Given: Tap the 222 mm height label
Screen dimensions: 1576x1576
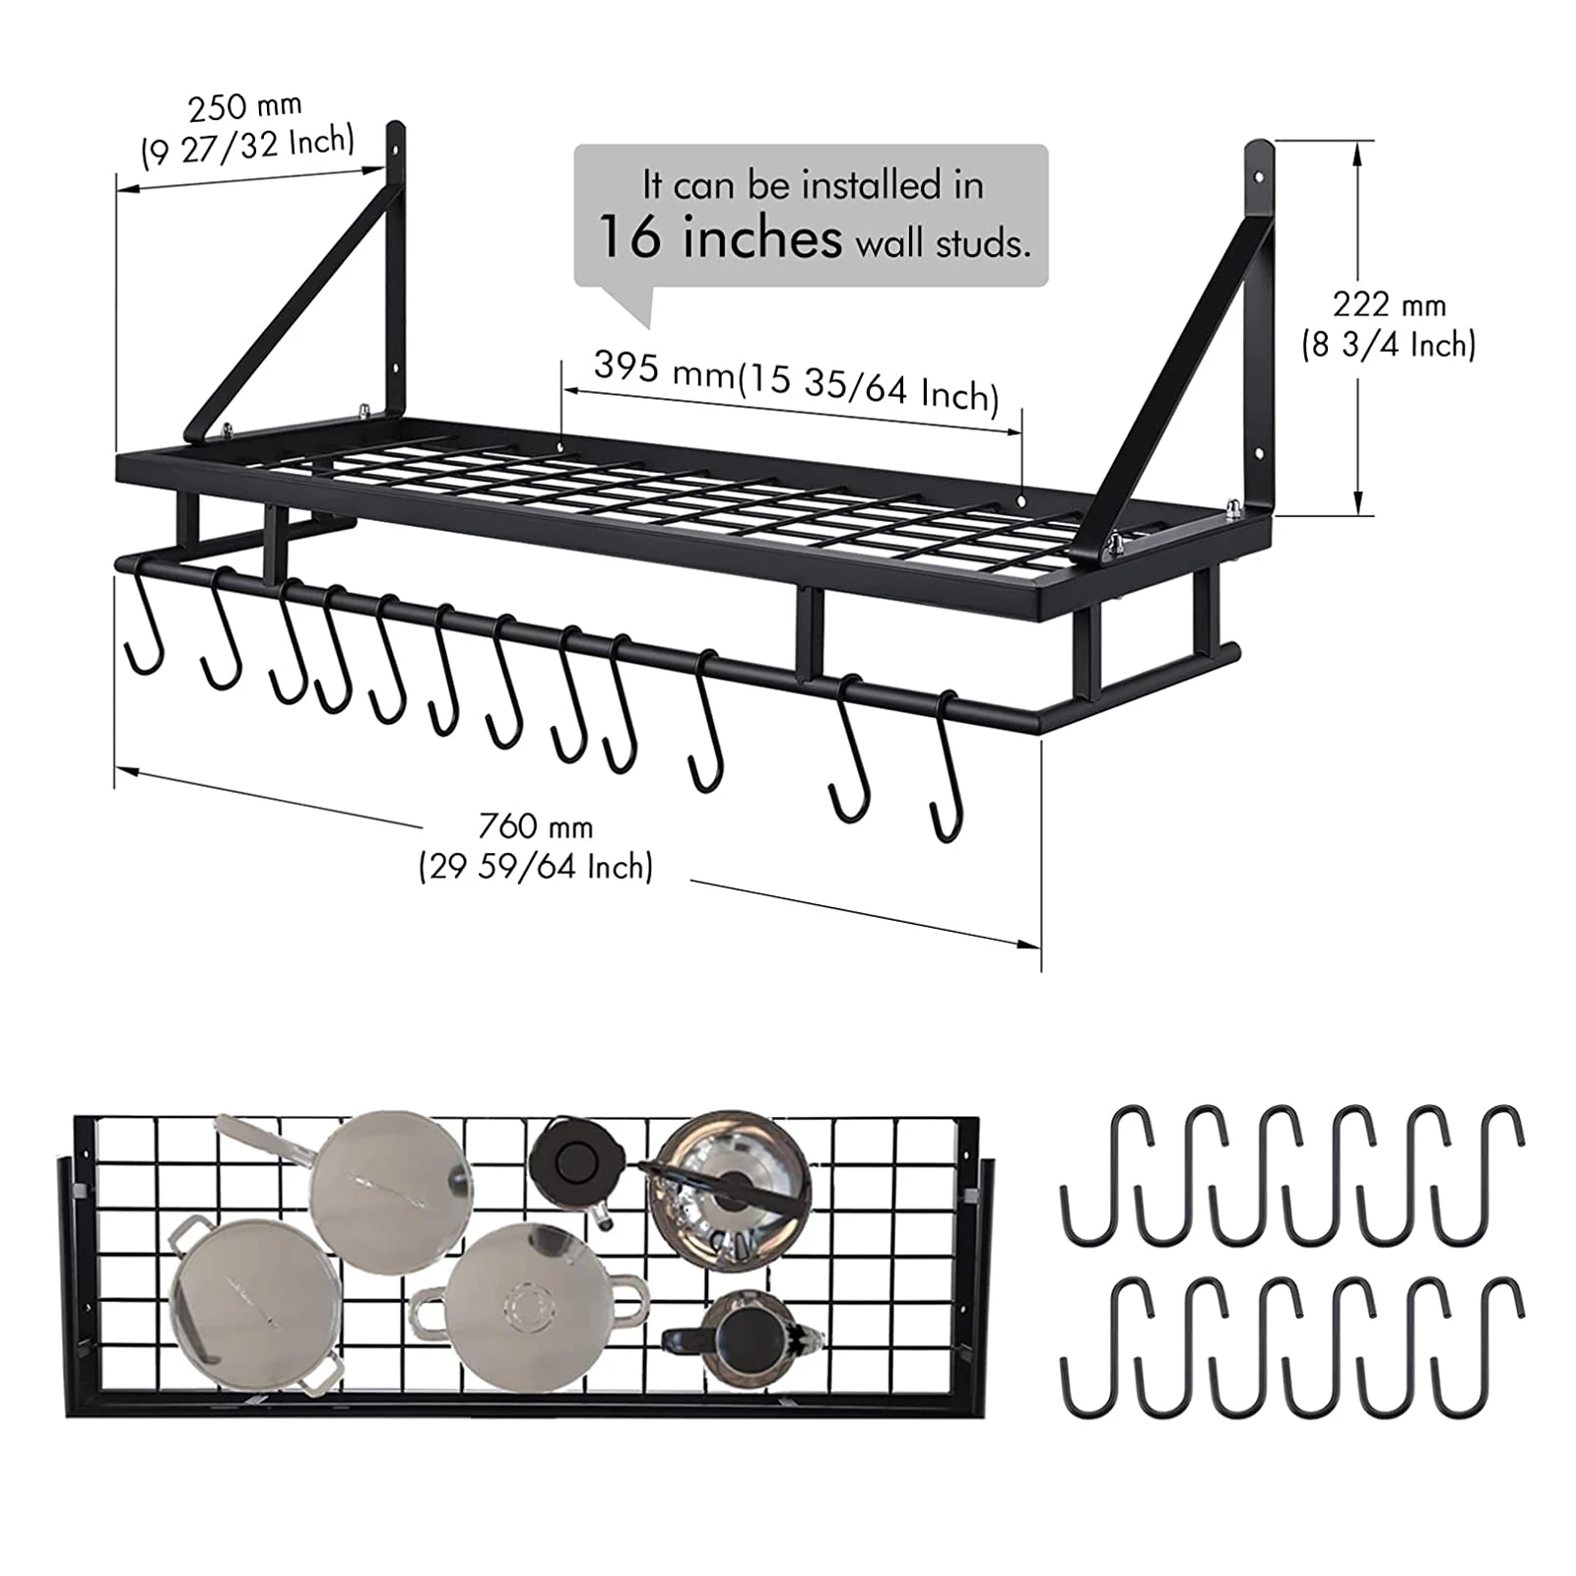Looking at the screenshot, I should tap(1389, 305).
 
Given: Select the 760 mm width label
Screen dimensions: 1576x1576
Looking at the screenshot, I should tap(536, 825).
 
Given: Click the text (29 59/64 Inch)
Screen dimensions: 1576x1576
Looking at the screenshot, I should tap(536, 867).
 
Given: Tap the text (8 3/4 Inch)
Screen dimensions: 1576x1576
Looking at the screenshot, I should tap(1389, 345).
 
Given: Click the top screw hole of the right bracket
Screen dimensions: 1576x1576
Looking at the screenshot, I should tap(1259, 179).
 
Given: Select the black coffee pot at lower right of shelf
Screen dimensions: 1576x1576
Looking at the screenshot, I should tap(744, 1340).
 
